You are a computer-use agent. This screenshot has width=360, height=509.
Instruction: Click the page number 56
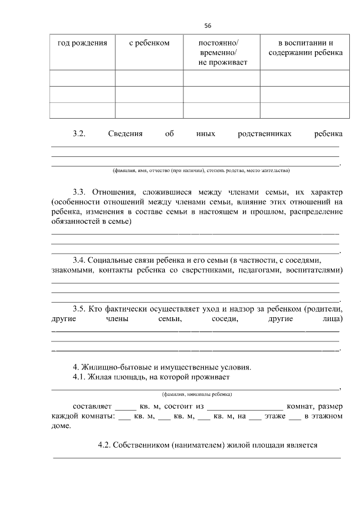pos(208,25)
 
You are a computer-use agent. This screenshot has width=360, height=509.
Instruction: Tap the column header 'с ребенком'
pos(149,43)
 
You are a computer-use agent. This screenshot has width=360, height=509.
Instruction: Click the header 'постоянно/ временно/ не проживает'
pos(222,53)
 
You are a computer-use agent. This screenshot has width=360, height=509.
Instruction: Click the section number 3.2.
pos(78,134)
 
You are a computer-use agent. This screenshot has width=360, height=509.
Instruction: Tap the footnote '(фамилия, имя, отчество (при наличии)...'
pos(201,170)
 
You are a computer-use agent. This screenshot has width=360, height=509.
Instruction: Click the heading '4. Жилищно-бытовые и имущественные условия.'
pos(162,367)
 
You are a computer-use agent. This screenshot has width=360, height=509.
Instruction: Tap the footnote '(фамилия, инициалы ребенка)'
pos(196,394)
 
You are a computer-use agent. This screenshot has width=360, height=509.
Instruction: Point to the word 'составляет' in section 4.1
pos(93,406)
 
